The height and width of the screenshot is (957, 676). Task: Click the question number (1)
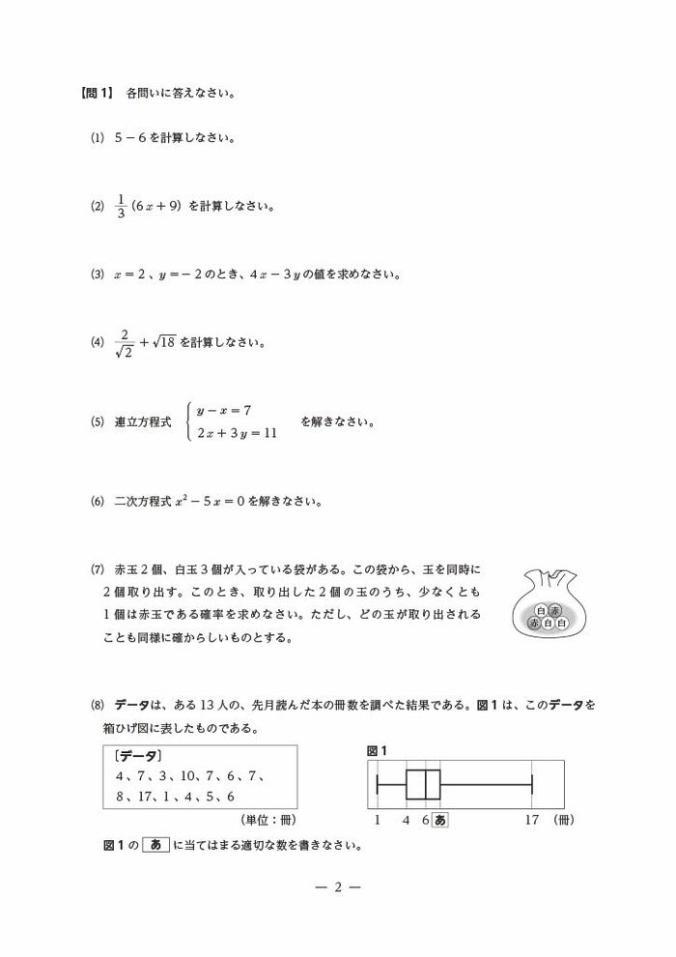97,137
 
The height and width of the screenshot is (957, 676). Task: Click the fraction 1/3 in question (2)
122,206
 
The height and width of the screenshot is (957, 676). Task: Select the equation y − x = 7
224,411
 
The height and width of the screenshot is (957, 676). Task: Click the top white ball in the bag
540,611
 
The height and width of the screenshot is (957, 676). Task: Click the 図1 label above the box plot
377,750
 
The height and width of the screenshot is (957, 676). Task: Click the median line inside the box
426,784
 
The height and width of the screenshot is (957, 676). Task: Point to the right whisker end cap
532,784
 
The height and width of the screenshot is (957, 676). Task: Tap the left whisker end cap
378,784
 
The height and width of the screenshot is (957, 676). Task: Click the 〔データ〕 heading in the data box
137,756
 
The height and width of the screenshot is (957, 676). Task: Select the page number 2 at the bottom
338,887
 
